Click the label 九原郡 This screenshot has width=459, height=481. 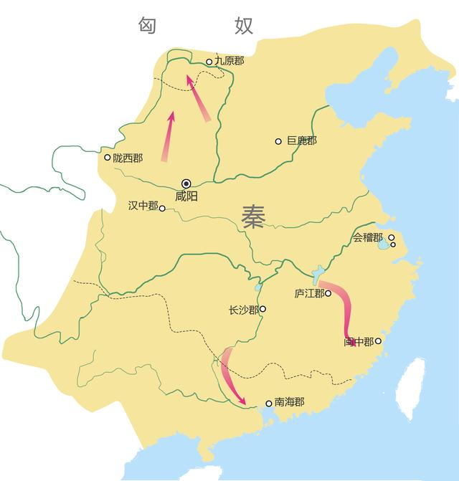pyautogui.click(x=229, y=62)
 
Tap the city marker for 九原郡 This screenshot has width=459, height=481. pyautogui.click(x=209, y=62)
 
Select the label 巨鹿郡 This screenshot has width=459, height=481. pyautogui.click(x=301, y=141)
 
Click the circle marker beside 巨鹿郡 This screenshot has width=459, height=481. pyautogui.click(x=278, y=141)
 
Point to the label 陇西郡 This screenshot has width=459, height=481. pyautogui.click(x=128, y=158)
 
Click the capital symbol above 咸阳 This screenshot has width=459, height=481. pyautogui.click(x=186, y=183)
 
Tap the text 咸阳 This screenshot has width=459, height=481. pyautogui.click(x=186, y=196)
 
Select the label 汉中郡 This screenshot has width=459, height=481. pyautogui.click(x=142, y=206)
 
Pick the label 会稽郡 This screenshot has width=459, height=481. pyautogui.click(x=368, y=237)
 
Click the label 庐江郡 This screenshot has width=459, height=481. pyautogui.click(x=308, y=293)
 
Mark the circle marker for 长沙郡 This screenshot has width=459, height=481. pyautogui.click(x=263, y=310)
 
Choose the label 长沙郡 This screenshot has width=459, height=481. pyautogui.click(x=243, y=310)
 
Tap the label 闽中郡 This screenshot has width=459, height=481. pyautogui.click(x=358, y=342)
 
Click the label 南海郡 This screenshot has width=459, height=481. pyautogui.click(x=290, y=403)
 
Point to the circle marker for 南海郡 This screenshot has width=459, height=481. pyautogui.click(x=269, y=404)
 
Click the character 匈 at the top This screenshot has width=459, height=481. pyautogui.click(x=148, y=26)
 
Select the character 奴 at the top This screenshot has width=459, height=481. pyautogui.click(x=244, y=26)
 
